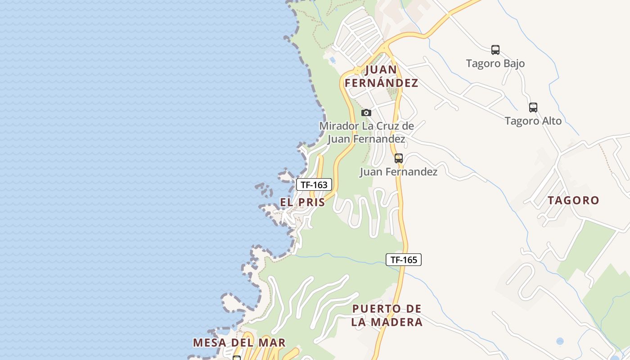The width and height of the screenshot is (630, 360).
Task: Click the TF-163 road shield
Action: point(314,184)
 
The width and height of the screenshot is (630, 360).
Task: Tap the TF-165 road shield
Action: point(403,260)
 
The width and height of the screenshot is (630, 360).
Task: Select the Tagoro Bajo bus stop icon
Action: point(495,50)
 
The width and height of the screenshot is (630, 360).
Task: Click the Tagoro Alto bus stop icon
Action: point(533,108)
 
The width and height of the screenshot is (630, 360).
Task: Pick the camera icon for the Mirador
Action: point(366,112)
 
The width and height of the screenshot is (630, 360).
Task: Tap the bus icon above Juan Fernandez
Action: point(398,158)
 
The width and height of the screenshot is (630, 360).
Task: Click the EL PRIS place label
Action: point(302,202)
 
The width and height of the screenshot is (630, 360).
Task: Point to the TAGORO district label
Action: point(573,200)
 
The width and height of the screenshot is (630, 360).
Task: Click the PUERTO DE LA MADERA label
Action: point(387,315)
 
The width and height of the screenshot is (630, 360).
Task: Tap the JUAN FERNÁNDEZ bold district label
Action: point(381,76)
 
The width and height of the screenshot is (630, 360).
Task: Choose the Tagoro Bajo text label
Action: point(495,63)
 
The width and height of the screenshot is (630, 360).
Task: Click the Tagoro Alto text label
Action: point(533,121)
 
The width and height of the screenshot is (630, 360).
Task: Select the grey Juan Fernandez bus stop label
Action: point(398,172)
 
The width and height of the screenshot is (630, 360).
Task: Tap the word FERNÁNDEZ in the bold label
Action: point(381,83)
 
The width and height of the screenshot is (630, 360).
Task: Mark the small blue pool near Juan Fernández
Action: point(333,59)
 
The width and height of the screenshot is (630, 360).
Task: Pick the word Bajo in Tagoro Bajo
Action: point(514,63)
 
